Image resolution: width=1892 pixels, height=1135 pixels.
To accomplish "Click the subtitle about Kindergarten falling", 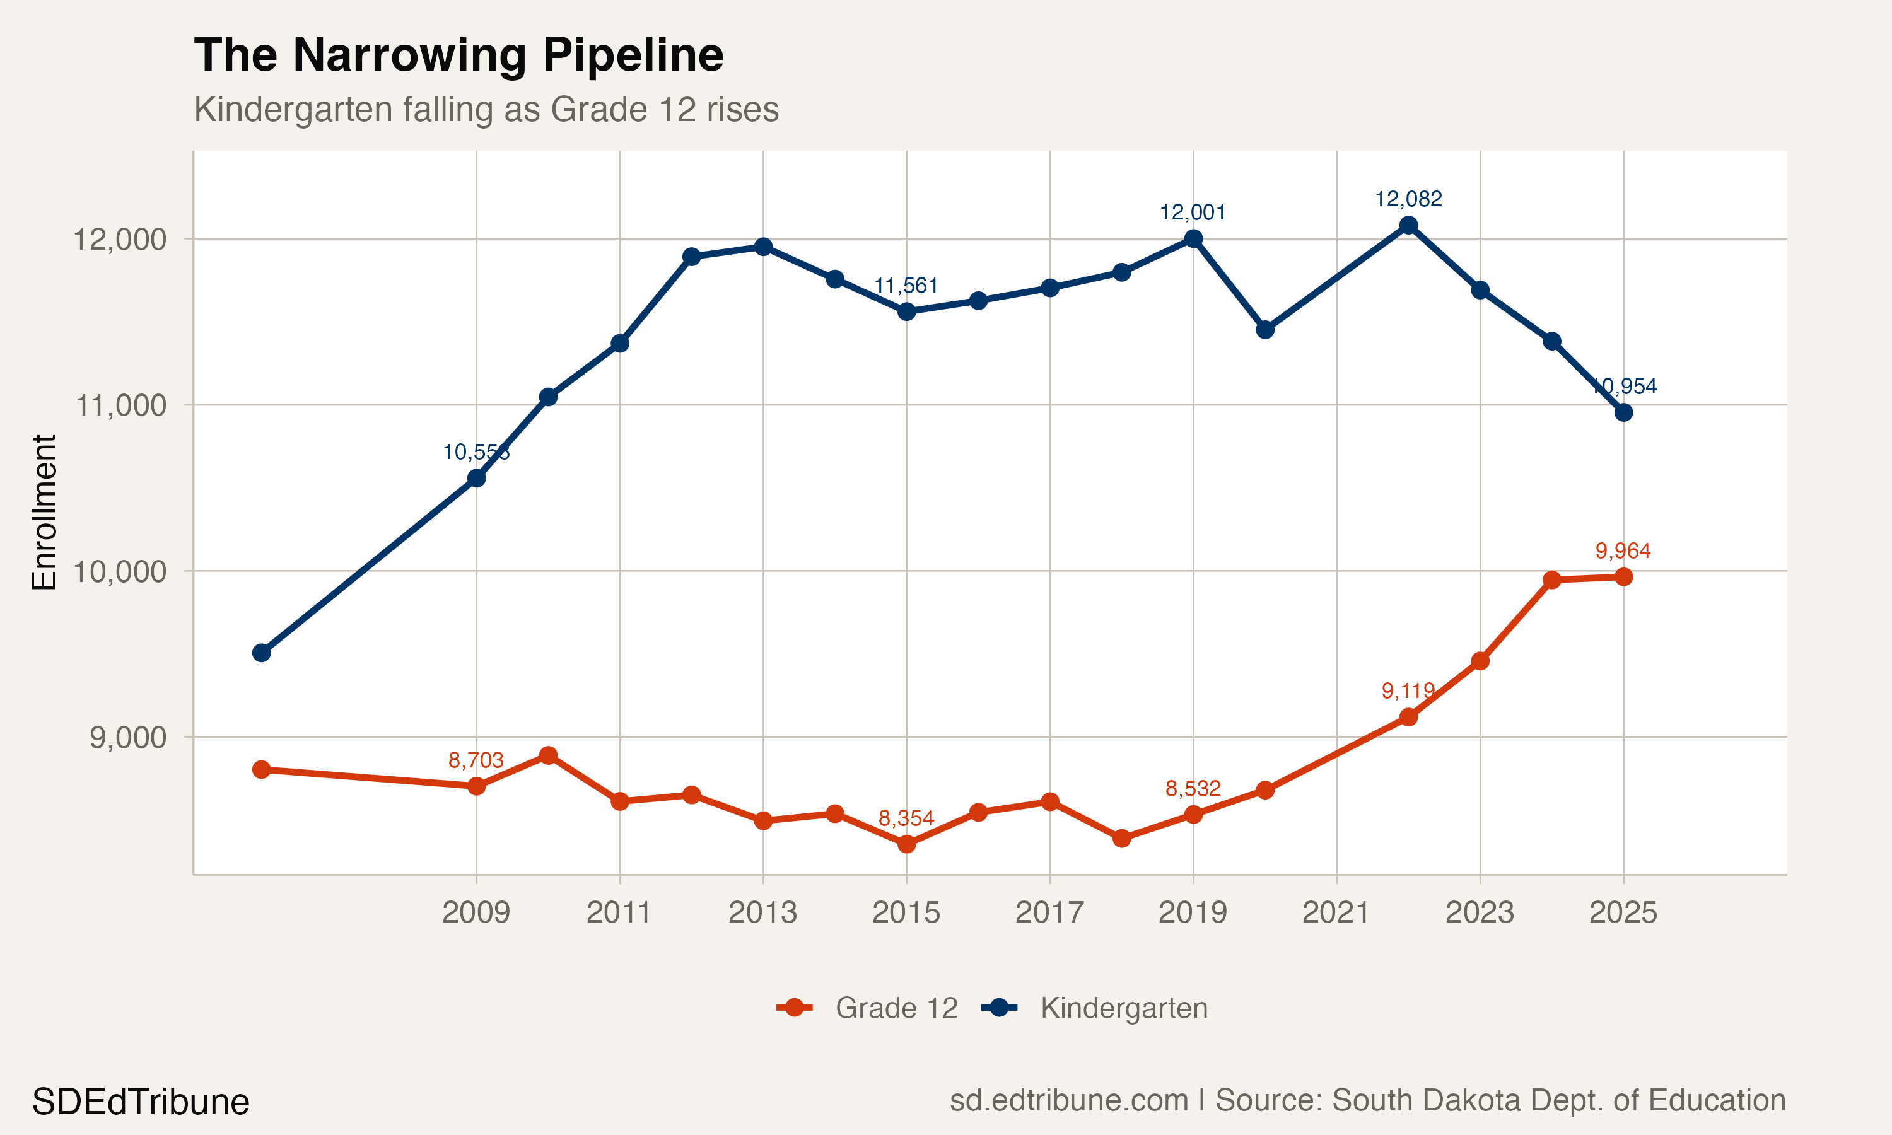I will pyautogui.click(x=486, y=109).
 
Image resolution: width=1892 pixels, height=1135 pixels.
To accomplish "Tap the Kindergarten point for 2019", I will pyautogui.click(x=1193, y=238).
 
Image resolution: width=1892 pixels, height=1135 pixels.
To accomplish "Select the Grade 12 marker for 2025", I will pyautogui.click(x=1623, y=577).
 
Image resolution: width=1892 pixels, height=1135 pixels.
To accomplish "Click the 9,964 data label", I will pyautogui.click(x=1623, y=550).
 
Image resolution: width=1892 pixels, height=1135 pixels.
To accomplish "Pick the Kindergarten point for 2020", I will pyautogui.click(x=1265, y=330).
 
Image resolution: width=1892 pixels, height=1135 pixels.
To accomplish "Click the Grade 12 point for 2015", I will pyautogui.click(x=906, y=844).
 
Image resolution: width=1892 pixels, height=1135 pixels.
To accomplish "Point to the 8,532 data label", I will pyautogui.click(x=1193, y=789).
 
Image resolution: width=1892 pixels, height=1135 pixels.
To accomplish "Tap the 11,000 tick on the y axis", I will pyautogui.click(x=120, y=405).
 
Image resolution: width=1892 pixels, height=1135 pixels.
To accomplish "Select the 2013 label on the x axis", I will pyautogui.click(x=762, y=912).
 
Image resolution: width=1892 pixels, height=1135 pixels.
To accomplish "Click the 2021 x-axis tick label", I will pyautogui.click(x=1336, y=912).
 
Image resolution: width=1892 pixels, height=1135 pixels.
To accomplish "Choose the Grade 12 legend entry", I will pyautogui.click(x=867, y=1008).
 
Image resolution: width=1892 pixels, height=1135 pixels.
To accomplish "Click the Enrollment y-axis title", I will pyautogui.click(x=44, y=513).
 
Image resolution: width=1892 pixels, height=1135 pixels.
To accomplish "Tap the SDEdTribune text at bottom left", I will pyautogui.click(x=141, y=1102).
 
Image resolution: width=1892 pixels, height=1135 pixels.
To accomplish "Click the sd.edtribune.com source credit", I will pyautogui.click(x=1367, y=1100).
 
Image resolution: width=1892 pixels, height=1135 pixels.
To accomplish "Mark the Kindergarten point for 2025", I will pyautogui.click(x=1623, y=412).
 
